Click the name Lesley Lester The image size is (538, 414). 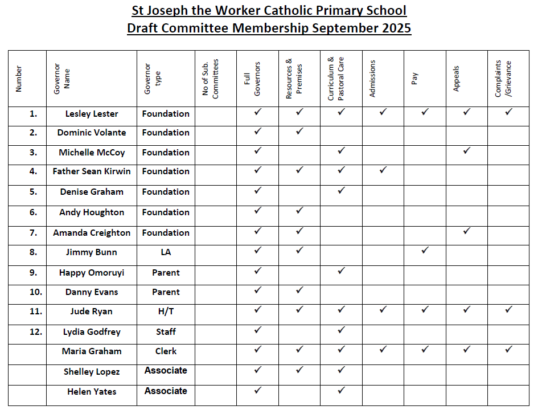[92, 114]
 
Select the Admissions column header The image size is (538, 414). [373, 77]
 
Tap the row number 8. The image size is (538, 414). [34, 252]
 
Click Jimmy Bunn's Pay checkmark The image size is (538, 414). [425, 250]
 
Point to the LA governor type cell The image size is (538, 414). [166, 252]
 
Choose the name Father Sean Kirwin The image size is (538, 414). [92, 171]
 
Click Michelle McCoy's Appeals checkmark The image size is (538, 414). [467, 151]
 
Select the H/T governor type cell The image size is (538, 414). [166, 311]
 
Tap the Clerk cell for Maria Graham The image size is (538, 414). [166, 351]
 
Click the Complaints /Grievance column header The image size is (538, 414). [503, 78]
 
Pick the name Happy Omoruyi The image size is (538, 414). [92, 273]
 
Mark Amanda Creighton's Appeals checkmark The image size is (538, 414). [467, 231]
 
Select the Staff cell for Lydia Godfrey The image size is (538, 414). [166, 332]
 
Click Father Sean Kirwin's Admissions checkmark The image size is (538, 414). [383, 170]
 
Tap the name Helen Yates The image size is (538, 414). [92, 391]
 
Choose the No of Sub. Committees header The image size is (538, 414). [211, 78]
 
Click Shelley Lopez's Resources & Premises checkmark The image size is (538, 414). [299, 370]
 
